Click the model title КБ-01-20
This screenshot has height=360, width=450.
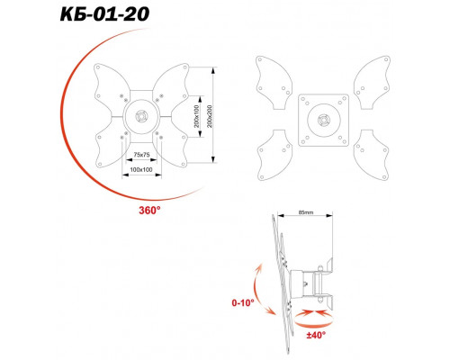pyautogui.click(x=104, y=14)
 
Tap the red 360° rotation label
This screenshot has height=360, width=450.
pyautogui.click(x=149, y=211)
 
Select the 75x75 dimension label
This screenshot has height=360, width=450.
pyautogui.click(x=141, y=155)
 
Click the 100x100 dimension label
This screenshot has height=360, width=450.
pyautogui.click(x=141, y=169)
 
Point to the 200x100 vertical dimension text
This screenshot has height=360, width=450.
pyautogui.click(x=196, y=116)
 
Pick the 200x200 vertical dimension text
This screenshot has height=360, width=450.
pyautogui.click(x=210, y=116)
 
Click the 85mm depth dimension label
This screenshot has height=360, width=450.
pyautogui.click(x=306, y=212)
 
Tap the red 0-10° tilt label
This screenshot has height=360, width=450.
pyautogui.click(x=243, y=302)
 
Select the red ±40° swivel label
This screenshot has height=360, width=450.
pyautogui.click(x=316, y=335)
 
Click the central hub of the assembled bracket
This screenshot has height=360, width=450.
pyautogui.click(x=141, y=116)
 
